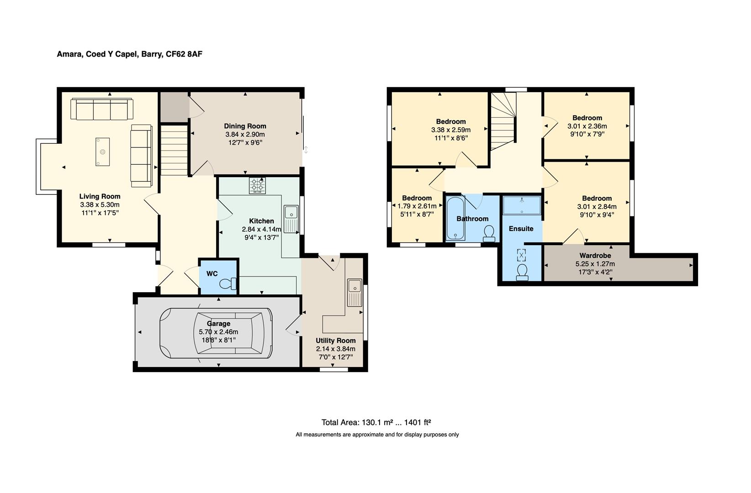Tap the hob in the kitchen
257,185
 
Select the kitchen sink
291,219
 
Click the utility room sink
354,293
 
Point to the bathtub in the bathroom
455,218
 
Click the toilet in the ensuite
522,272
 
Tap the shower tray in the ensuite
522,205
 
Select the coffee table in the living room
103,152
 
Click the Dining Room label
245,126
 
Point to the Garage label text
219,324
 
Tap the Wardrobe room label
595,256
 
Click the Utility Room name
336,341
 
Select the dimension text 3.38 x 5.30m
100,205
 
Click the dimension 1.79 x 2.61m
417,206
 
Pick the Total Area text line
376,422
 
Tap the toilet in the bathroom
489,233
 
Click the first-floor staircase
503,121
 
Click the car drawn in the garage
216,333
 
